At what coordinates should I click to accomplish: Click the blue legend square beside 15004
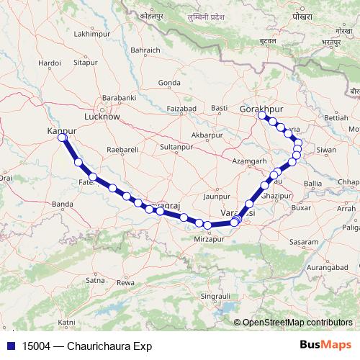pyautogui.click(x=12, y=346)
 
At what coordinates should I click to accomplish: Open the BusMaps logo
pyautogui.click(x=325, y=345)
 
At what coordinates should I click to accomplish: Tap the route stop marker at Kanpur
pyautogui.click(x=63, y=137)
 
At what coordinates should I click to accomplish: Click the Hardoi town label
pyautogui.click(x=50, y=63)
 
